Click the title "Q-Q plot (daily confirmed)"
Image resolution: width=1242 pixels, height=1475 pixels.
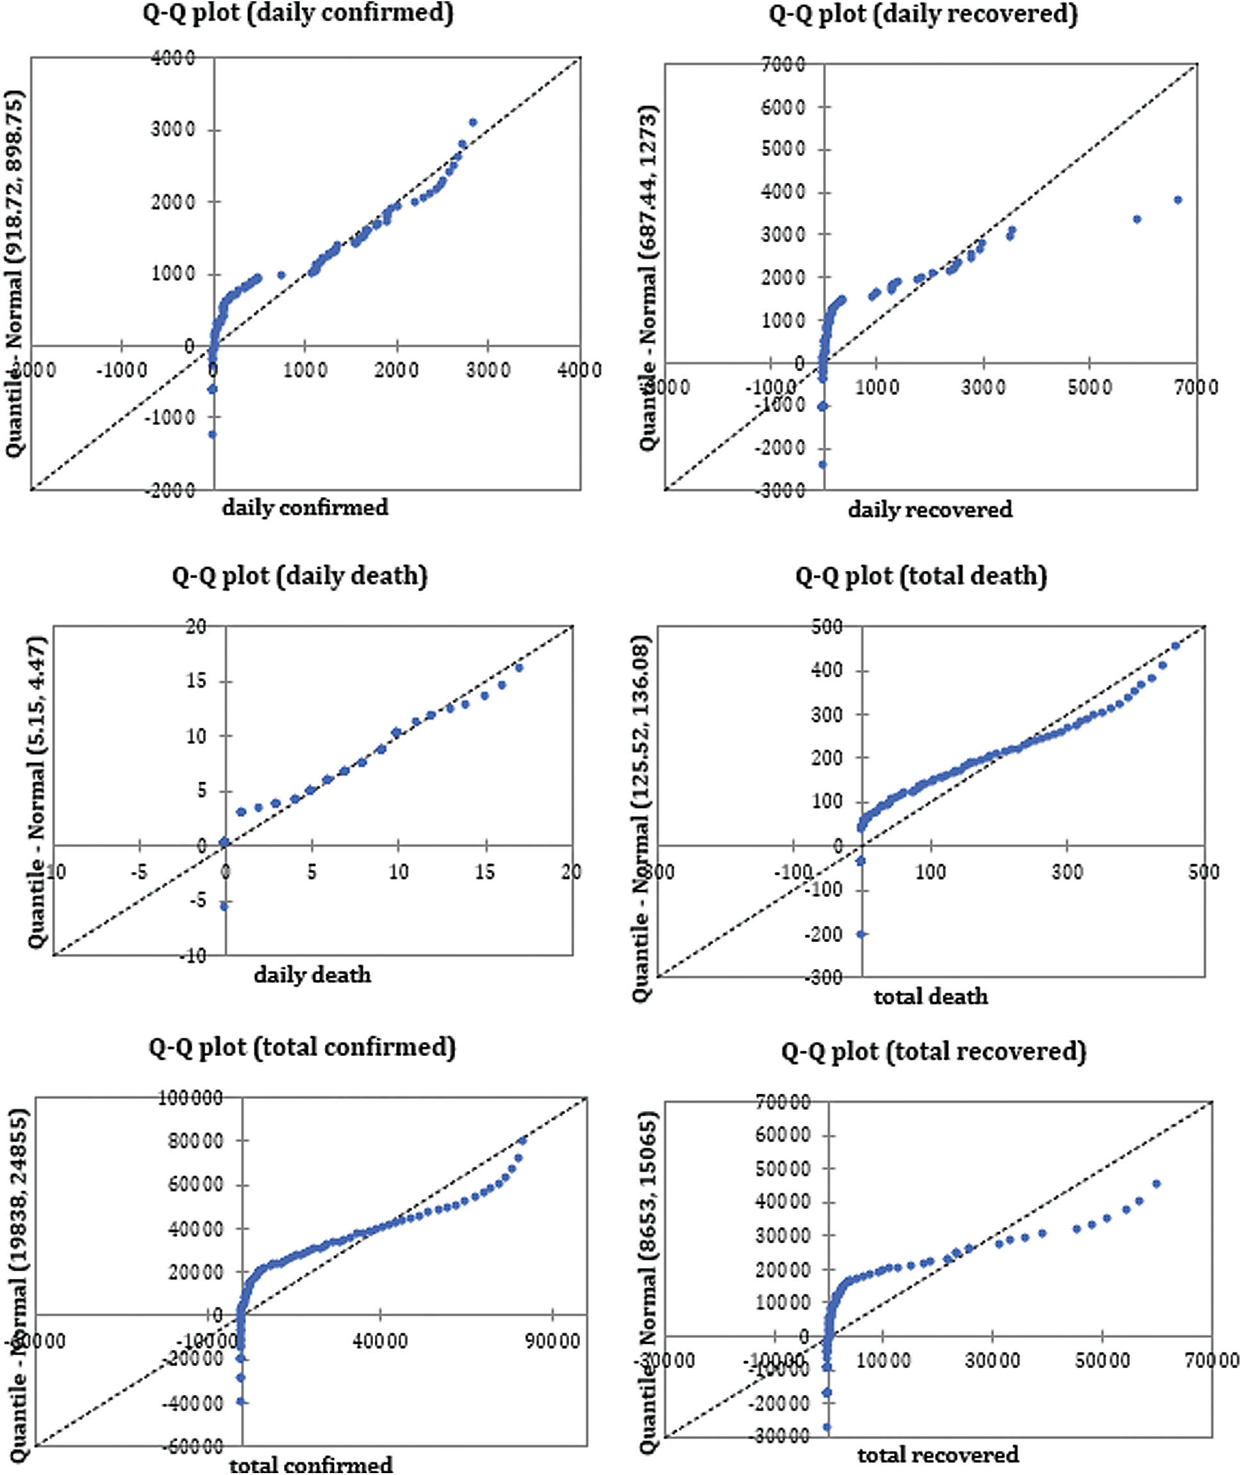298,13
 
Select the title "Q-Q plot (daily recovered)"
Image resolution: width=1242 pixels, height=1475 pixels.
923,15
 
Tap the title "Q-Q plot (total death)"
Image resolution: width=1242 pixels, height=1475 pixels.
921,576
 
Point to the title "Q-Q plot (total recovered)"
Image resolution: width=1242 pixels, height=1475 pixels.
934,1052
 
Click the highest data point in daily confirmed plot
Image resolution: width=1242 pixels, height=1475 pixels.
472,122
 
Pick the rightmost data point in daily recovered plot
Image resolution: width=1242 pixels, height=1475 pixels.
1178,200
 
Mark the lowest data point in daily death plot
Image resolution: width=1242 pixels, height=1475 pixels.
224,906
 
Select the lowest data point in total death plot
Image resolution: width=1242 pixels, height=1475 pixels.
861,934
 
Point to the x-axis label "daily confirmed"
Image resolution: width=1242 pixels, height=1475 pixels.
305,507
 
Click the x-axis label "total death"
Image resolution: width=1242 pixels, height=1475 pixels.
930,996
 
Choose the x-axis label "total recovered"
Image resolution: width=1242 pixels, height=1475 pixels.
937,1454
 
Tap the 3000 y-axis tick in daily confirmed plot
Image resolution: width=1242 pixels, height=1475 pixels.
172,130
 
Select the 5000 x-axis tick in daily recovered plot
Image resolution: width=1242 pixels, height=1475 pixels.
1089,386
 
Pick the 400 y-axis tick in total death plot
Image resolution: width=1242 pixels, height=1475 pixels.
827,670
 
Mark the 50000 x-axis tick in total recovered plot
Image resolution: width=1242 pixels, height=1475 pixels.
1102,1360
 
